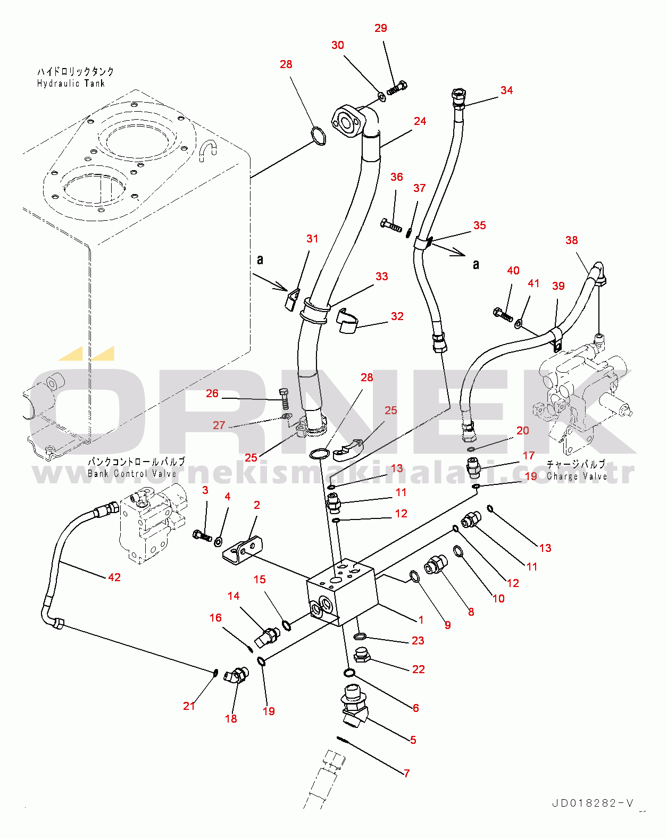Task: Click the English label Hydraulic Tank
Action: (x=71, y=83)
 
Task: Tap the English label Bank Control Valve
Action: (x=132, y=474)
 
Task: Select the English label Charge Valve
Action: (x=577, y=476)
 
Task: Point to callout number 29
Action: (x=381, y=28)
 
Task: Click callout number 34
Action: (x=506, y=90)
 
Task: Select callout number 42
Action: (x=114, y=577)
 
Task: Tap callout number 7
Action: (x=407, y=773)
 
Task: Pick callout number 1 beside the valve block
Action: (x=421, y=619)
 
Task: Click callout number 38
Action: (x=572, y=240)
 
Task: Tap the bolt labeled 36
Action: (x=391, y=225)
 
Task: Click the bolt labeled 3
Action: (x=202, y=535)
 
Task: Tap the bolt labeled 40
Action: (x=503, y=314)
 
